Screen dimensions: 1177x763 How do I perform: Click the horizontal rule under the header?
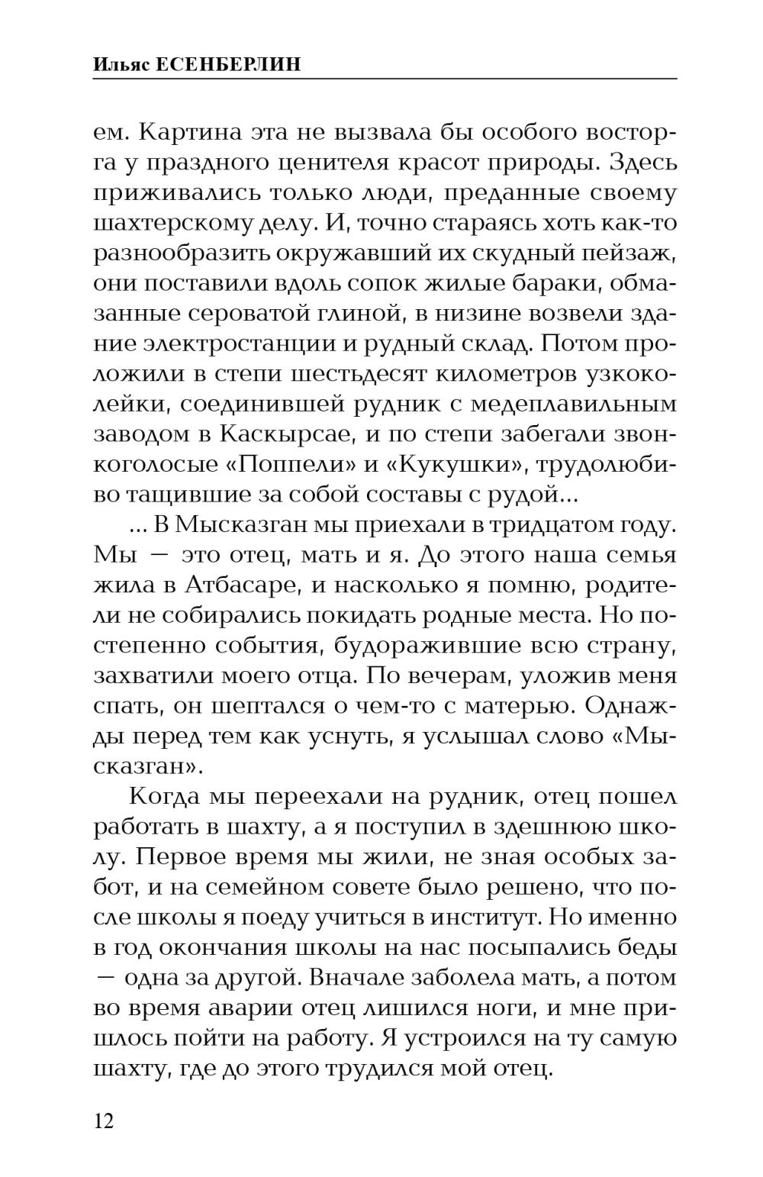pyautogui.click(x=385, y=79)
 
